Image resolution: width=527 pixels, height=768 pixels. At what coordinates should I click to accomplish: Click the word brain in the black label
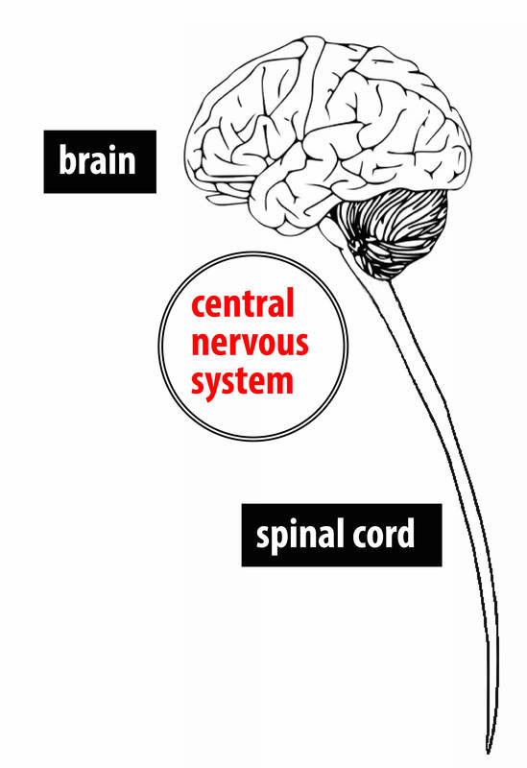click(99, 161)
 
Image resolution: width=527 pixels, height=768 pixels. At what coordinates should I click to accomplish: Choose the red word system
click(242, 381)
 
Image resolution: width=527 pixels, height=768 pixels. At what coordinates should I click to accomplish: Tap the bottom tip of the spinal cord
click(490, 749)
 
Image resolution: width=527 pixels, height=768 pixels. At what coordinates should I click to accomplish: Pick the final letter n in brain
click(127, 163)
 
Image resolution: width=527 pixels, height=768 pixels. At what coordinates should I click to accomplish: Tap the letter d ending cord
click(405, 533)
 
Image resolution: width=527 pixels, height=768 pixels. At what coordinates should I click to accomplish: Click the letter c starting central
click(198, 308)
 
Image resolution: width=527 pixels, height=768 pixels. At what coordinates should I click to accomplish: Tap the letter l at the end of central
click(290, 304)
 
